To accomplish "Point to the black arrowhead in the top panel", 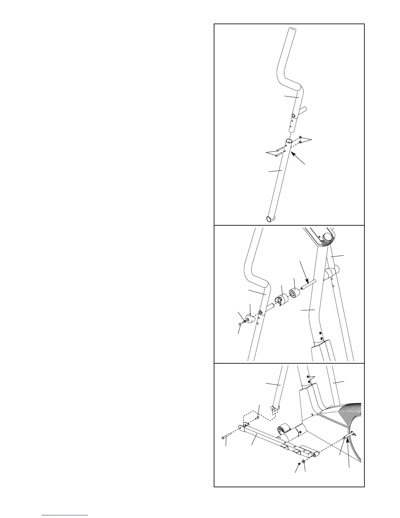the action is (x=292, y=154).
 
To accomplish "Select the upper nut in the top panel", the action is (x=301, y=138).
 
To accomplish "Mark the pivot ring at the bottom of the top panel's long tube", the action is (x=270, y=219).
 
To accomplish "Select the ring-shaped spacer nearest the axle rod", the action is (x=295, y=293).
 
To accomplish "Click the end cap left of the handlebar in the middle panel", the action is (x=251, y=318).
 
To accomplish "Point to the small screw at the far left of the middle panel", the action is (x=241, y=323).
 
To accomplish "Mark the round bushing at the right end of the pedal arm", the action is (x=315, y=455).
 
